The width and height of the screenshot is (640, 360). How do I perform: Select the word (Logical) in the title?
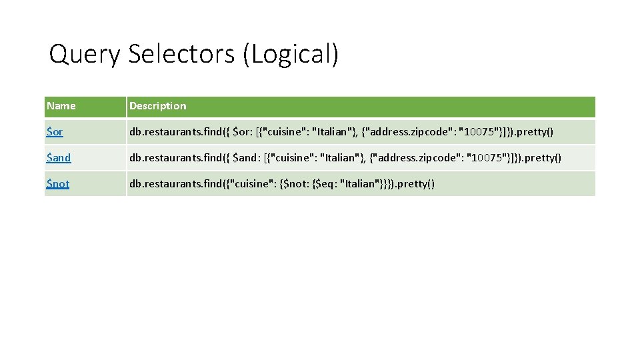pyautogui.click(x=291, y=55)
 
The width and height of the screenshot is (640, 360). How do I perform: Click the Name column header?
pyautogui.click(x=61, y=106)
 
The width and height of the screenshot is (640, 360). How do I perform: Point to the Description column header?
pyautogui.click(x=158, y=106)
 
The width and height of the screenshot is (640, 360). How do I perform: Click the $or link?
pyautogui.click(x=55, y=132)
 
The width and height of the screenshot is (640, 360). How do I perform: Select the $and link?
pyautogui.click(x=59, y=158)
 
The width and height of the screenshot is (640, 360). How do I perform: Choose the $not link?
pyautogui.click(x=58, y=183)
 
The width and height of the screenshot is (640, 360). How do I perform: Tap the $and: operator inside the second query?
pyautogui.click(x=248, y=158)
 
